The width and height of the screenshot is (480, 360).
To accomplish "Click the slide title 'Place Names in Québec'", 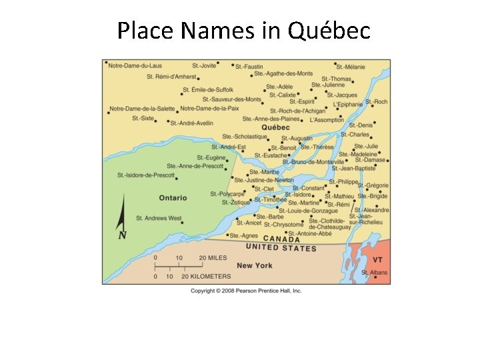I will (x=243, y=30).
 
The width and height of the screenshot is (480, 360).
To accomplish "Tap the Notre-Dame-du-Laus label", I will (x=135, y=65).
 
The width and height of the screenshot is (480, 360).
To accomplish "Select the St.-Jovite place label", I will (x=204, y=65).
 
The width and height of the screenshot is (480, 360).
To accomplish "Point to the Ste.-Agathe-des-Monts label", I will (x=285, y=73).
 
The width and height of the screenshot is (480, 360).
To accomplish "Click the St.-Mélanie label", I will (x=351, y=67).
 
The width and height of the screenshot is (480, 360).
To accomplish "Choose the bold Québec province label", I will (x=276, y=127).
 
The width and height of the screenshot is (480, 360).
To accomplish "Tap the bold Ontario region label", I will (x=173, y=198).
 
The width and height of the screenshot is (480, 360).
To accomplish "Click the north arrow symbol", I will (x=123, y=220).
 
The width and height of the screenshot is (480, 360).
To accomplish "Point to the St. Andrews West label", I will (x=159, y=218).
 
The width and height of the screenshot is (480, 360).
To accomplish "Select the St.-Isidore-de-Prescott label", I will (x=145, y=175).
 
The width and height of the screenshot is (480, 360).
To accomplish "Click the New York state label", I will (x=255, y=265).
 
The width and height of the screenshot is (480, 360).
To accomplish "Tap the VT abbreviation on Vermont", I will (x=377, y=259).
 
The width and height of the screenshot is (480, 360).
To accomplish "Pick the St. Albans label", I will (x=374, y=273).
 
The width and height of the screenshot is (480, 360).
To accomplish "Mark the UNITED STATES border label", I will (x=281, y=247).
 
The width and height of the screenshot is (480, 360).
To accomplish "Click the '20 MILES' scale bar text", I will (x=213, y=258).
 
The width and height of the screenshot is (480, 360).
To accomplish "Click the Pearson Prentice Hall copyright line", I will (x=246, y=291).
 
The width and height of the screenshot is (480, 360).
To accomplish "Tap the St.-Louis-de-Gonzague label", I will (x=308, y=211).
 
